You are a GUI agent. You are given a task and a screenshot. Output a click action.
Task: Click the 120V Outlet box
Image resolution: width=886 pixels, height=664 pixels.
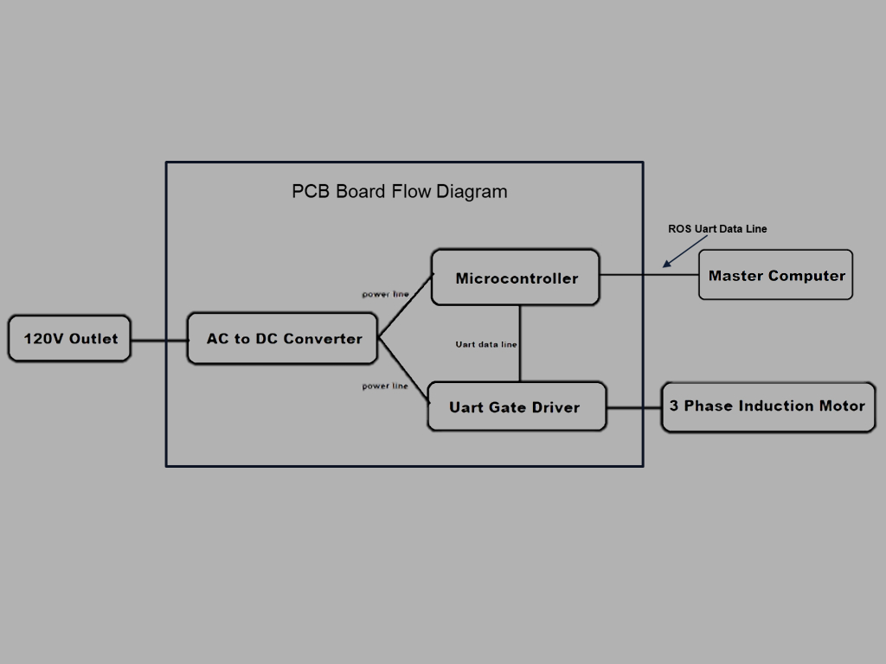(69, 338)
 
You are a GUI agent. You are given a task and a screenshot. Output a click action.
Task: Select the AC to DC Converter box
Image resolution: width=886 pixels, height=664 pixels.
(283, 339)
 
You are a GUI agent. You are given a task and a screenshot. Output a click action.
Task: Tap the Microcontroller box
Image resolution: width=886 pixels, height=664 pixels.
(516, 278)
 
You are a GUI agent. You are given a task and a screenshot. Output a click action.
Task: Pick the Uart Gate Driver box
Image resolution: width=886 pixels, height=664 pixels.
(517, 406)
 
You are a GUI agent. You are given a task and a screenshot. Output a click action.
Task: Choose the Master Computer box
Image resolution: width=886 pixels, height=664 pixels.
(776, 275)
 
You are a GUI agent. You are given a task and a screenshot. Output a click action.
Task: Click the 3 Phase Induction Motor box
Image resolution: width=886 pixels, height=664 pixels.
(768, 405)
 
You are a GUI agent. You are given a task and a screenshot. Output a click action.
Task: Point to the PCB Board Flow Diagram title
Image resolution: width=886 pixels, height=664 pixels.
(400, 191)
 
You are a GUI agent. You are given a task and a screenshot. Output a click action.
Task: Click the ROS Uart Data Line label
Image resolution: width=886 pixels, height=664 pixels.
(717, 229)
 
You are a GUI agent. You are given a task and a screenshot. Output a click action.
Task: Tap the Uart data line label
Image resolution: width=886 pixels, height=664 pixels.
(486, 344)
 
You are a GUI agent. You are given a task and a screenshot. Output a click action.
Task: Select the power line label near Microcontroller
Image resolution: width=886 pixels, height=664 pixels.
(385, 295)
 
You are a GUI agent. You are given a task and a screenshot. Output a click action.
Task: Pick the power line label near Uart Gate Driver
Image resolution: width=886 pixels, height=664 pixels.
(385, 386)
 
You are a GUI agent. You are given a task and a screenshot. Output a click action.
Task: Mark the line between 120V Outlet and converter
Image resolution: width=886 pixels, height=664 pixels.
(159, 340)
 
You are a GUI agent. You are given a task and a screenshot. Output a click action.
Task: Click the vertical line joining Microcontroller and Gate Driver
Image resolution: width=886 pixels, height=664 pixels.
(520, 343)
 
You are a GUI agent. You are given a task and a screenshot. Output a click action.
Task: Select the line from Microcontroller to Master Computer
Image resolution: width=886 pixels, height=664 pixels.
(649, 276)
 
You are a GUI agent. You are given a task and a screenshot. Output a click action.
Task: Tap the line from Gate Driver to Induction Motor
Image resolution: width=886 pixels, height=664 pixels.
(633, 407)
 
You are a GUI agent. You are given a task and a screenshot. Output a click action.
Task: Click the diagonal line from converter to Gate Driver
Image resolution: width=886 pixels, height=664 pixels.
(404, 371)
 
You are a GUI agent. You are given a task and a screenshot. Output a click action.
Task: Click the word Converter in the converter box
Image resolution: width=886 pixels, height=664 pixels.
(323, 339)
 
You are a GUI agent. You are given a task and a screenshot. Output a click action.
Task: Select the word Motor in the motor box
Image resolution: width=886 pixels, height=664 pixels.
(842, 405)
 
